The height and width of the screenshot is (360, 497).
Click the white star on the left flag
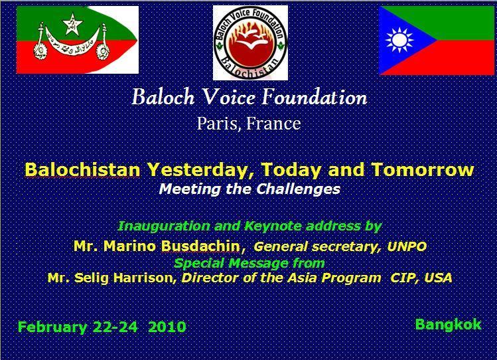72,24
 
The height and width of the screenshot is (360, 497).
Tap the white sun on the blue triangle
399,40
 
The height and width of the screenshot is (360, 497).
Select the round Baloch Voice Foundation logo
250,43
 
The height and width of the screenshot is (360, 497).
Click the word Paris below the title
217,124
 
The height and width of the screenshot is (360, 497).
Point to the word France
273,124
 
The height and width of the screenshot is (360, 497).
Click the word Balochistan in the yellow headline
82,169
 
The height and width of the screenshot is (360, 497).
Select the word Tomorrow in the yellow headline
423,169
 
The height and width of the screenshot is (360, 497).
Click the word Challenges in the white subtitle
298,189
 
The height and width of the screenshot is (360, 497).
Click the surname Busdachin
200,246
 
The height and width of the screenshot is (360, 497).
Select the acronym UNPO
407,246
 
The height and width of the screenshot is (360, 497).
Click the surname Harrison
143,278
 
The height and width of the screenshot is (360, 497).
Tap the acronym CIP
403,278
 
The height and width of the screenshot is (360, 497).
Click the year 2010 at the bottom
167,327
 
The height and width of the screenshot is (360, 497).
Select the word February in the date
52,327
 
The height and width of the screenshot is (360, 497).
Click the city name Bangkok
448,325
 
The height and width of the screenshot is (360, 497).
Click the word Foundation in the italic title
315,97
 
